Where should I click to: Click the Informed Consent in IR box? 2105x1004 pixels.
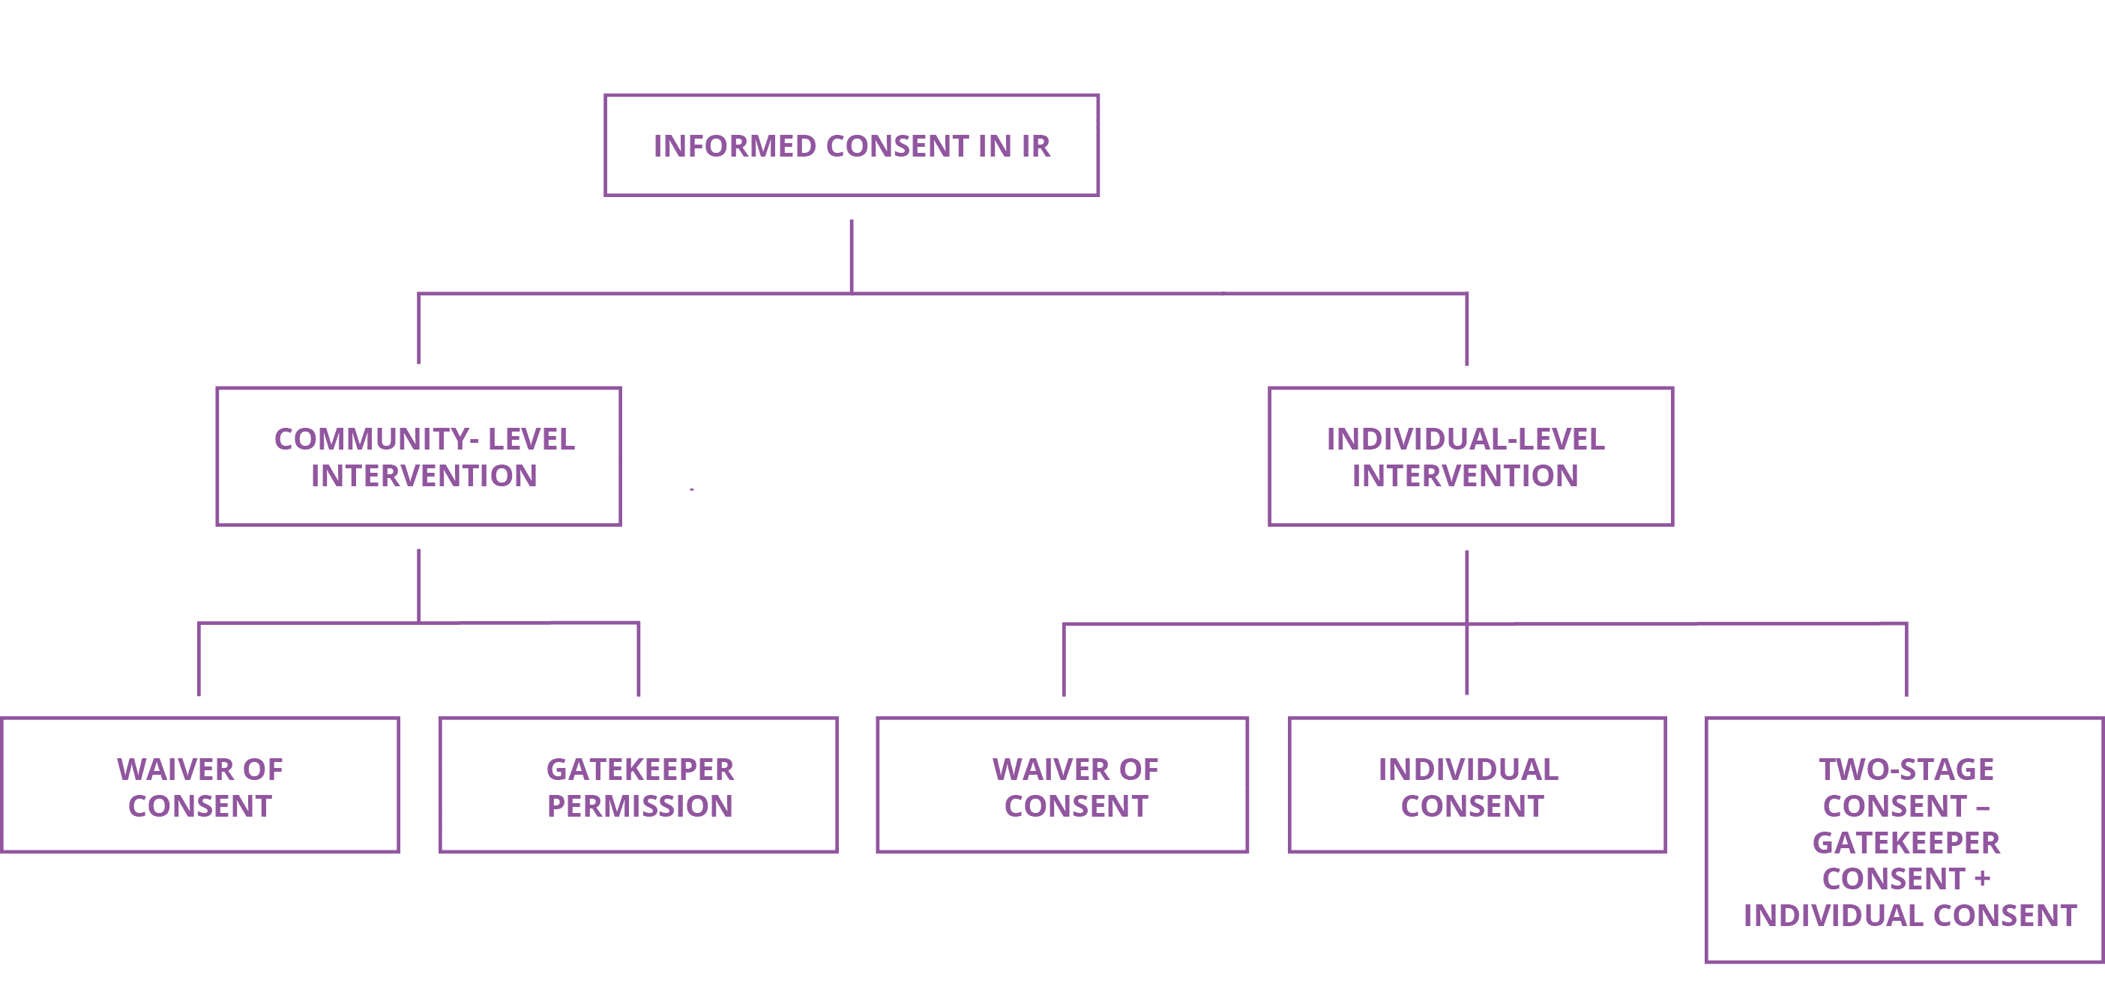(x=852, y=145)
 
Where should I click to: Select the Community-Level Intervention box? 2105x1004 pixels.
(x=418, y=456)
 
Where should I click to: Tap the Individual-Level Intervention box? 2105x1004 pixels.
(x=1470, y=456)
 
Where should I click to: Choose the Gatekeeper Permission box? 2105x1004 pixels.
(x=638, y=785)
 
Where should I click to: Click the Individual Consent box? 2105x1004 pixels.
(x=1477, y=785)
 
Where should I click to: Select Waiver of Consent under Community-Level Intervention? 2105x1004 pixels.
(x=200, y=785)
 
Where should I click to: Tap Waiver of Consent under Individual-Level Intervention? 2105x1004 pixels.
(x=1062, y=785)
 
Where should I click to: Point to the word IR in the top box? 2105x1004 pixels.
(x=1035, y=146)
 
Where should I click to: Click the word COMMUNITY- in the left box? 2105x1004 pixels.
(x=376, y=440)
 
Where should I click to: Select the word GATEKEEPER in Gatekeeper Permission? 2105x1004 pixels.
(x=640, y=769)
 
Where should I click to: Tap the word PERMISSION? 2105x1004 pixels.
(x=640, y=806)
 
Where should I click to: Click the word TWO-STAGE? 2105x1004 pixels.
(x=1906, y=769)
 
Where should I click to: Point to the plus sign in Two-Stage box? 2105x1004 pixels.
(x=1982, y=879)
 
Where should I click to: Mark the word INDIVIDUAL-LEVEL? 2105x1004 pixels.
(x=1465, y=440)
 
